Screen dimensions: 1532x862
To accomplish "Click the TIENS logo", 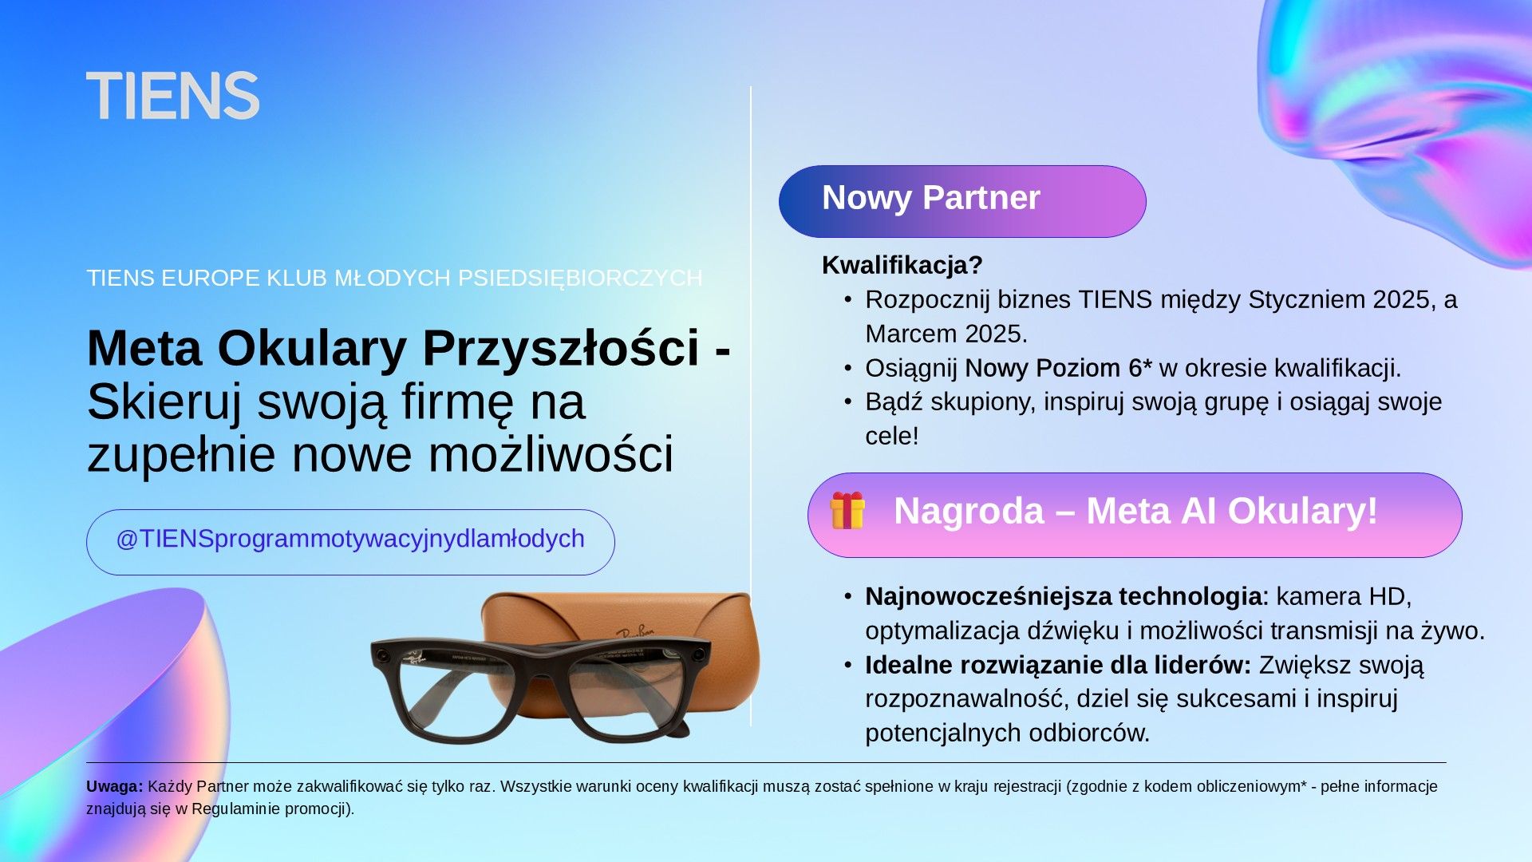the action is click(172, 96).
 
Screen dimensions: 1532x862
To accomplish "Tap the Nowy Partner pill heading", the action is click(962, 201).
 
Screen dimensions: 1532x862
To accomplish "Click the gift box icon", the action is click(847, 511).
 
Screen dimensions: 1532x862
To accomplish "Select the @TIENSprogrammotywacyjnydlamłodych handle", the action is click(350, 540).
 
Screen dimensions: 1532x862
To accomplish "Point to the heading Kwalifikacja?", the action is click(902, 265).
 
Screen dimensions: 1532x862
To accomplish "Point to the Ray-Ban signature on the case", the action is click(634, 631).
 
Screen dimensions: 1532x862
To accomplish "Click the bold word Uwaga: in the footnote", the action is click(115, 787).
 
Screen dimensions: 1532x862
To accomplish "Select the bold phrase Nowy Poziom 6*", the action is click(1058, 368).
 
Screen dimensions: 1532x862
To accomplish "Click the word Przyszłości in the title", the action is click(561, 349).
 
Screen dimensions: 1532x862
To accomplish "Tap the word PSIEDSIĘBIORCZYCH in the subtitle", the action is click(580, 278).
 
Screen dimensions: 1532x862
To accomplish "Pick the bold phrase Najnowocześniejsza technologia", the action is click(1063, 597).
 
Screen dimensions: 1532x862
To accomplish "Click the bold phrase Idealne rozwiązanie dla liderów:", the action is click(1058, 665).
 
